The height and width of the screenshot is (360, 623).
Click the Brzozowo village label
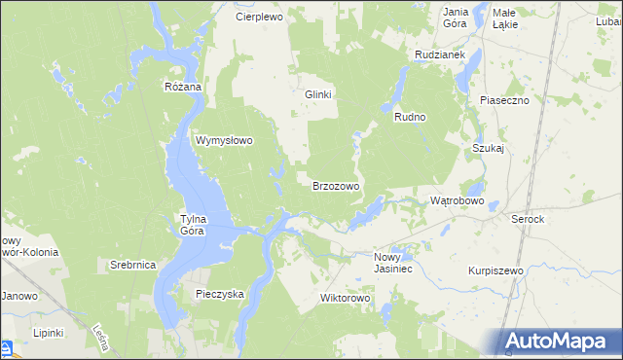pyautogui.click(x=336, y=185)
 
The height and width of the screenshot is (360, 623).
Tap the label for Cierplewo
pyautogui.click(x=258, y=17)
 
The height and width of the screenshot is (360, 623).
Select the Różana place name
pyautogui.click(x=182, y=87)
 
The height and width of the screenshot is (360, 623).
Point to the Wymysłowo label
pyautogui.click(x=225, y=140)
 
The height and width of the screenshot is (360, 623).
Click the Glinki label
pyautogui.click(x=319, y=94)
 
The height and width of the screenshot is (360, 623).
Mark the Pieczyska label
pyautogui.click(x=219, y=293)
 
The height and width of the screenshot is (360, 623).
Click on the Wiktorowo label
pyautogui.click(x=347, y=298)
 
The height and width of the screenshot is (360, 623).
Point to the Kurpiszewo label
pyautogui.click(x=495, y=270)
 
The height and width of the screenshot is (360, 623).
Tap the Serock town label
pyautogui.click(x=528, y=220)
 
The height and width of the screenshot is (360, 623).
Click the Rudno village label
pyautogui.click(x=411, y=117)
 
